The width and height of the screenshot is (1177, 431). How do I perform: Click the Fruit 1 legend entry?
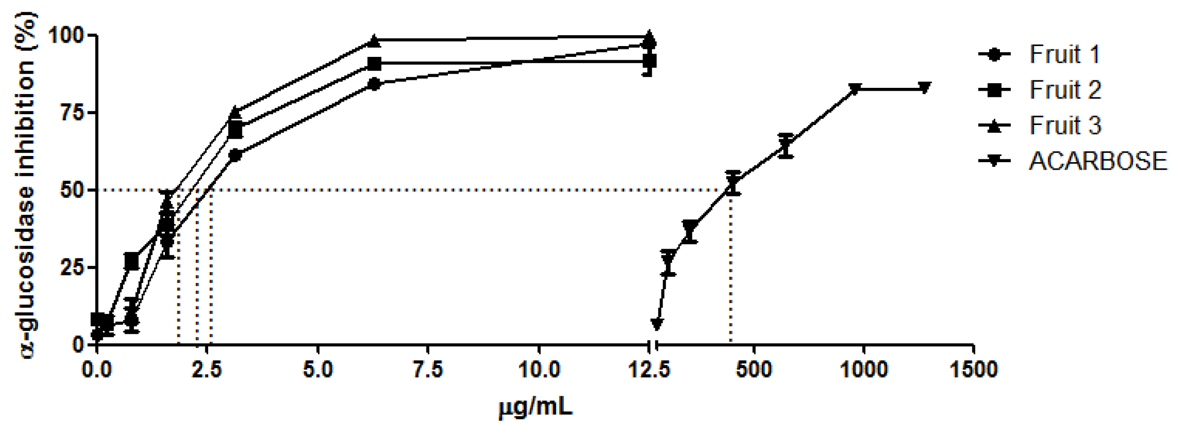pyautogui.click(x=1064, y=55)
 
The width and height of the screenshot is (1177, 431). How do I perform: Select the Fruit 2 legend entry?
pyautogui.click(x=1064, y=90)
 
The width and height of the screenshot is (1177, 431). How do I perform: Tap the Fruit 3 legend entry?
pyautogui.click(x=1064, y=125)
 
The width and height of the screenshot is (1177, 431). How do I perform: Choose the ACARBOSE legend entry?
pyautogui.click(x=1097, y=161)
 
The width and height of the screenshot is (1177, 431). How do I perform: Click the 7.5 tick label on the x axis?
pyautogui.click(x=428, y=370)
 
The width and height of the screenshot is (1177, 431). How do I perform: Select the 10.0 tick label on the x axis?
pyautogui.click(x=539, y=370)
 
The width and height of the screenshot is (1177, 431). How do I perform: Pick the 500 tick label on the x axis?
pyautogui.click(x=754, y=370)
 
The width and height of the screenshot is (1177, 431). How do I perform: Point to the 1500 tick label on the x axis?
pyautogui.click(x=973, y=370)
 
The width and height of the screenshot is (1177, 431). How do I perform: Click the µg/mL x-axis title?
pyautogui.click(x=535, y=407)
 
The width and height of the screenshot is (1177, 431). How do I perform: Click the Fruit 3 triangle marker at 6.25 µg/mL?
pyautogui.click(x=374, y=41)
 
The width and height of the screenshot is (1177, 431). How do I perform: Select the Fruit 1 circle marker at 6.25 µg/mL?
pyautogui.click(x=374, y=85)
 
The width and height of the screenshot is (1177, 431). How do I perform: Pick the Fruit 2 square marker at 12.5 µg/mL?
pyautogui.click(x=649, y=61)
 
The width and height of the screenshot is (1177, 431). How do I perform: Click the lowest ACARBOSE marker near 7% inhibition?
pyautogui.click(x=657, y=323)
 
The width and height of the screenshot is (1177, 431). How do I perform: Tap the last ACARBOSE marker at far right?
pyautogui.click(x=924, y=88)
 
